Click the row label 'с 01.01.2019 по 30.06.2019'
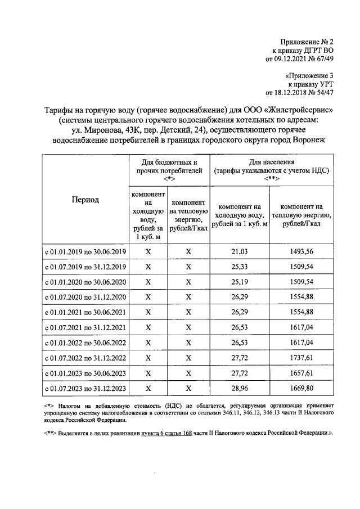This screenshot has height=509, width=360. click(x=85, y=251)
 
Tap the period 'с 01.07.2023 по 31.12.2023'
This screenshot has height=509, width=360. click(x=85, y=388)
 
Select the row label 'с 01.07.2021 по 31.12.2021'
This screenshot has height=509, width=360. click(x=85, y=327)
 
